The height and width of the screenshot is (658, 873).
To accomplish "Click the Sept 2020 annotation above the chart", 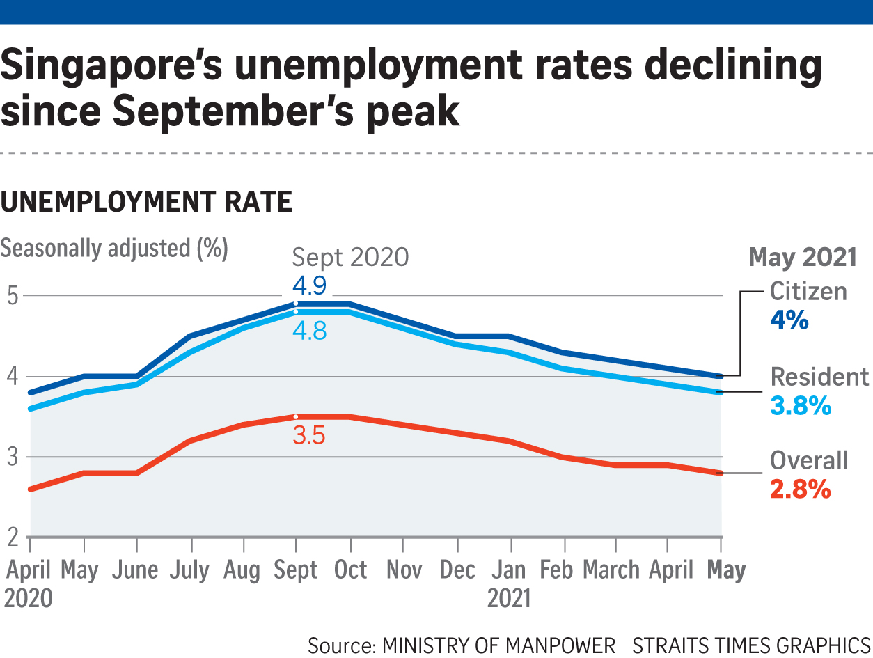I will pos(350,258).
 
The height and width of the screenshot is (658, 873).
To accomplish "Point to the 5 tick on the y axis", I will pos(13,295).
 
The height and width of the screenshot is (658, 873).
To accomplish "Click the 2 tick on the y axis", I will pos(13,538).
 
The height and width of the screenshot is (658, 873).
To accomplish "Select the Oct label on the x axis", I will pos(350,570).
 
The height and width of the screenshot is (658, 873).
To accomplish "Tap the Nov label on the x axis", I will pos(404,570).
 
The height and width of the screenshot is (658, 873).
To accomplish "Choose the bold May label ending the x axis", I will pos(726,570).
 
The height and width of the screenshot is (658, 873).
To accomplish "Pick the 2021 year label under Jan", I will pos(509,598).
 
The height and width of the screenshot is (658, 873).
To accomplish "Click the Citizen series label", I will pos(808,291).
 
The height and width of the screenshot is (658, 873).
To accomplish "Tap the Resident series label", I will pos(819,377).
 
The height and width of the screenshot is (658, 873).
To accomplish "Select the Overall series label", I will pos(809,460).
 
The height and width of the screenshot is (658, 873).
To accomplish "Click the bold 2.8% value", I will pos(800,490).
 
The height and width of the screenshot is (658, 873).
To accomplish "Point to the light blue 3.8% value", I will pos(801,406).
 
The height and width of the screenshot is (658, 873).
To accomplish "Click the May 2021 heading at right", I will pos(802,258).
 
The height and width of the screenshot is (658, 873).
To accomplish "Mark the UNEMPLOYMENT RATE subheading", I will pos(146,203).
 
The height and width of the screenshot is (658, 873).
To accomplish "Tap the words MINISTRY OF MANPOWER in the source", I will pos(498,645).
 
